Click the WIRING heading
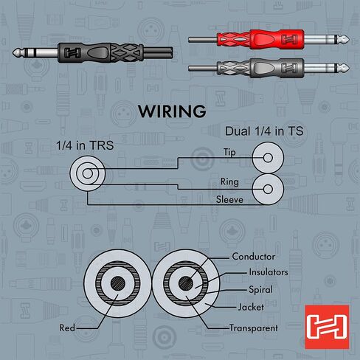(172, 111)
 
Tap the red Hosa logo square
(327, 327)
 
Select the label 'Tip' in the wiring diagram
(229, 152)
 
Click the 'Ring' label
(229, 181)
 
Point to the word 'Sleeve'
(229, 199)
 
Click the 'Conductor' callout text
(254, 257)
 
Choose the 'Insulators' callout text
(269, 272)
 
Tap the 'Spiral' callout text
(260, 290)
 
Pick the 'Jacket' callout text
(251, 307)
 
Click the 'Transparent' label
(254, 328)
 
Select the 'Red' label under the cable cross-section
(67, 328)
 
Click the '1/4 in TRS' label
(85, 145)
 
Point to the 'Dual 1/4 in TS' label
(264, 131)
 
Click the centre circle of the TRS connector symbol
(88, 173)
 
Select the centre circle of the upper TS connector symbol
(268, 158)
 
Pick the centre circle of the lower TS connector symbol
(268, 190)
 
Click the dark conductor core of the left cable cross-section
(118, 283)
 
